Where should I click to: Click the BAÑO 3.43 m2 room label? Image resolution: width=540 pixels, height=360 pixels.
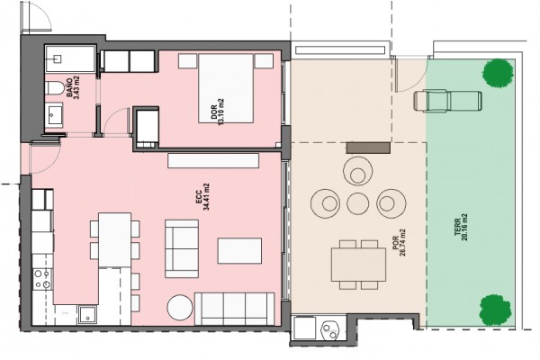[x=72, y=87]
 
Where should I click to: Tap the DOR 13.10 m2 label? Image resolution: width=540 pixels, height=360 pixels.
[x=217, y=112]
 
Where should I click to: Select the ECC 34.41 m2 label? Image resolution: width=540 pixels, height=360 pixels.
[x=202, y=197]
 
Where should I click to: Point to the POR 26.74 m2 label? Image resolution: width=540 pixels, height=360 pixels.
[x=399, y=243]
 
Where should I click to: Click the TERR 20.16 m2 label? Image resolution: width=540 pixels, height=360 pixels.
[x=461, y=227]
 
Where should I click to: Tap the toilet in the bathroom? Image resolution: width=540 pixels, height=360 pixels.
[x=54, y=88]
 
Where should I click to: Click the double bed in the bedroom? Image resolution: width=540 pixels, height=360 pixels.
[x=226, y=88]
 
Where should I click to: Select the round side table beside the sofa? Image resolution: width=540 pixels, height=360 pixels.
[x=180, y=307]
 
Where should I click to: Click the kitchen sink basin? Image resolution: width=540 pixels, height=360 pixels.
[x=88, y=315]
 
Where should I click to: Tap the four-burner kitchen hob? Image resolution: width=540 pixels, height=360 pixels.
[x=42, y=279]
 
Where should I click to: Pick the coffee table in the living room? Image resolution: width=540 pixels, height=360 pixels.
[x=239, y=251]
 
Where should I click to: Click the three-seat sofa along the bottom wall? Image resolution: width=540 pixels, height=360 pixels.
[x=235, y=309]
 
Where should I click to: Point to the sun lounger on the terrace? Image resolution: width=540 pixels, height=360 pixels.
[x=447, y=101]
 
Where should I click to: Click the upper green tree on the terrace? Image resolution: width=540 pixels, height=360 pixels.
[x=496, y=73]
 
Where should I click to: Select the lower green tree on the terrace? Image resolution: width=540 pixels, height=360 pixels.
[x=496, y=310]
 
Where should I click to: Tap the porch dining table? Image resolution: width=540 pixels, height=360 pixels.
[x=358, y=265]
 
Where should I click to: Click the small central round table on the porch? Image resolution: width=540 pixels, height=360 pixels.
[x=358, y=203]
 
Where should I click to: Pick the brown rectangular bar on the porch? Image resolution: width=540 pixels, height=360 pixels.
[x=368, y=148]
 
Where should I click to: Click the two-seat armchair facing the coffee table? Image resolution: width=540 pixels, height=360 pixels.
[x=182, y=248]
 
